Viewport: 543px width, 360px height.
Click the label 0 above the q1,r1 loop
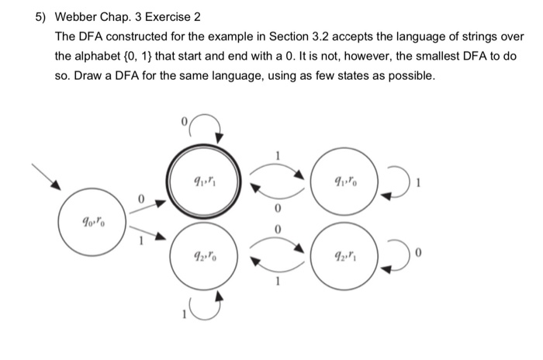click(184, 121)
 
